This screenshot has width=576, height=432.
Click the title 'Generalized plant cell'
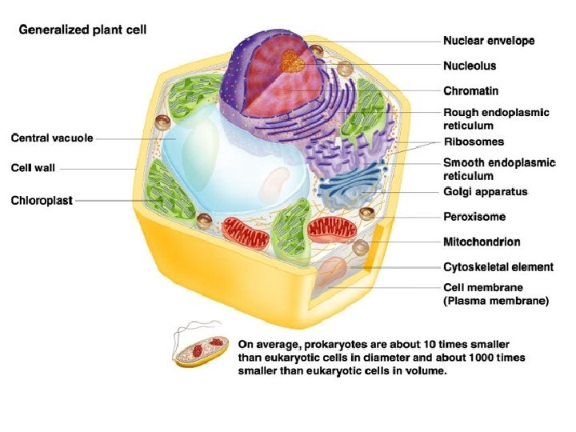[82, 30]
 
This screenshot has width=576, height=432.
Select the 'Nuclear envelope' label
[489, 40]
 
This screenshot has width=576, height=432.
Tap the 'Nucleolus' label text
[470, 66]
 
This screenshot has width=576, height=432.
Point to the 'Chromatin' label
[471, 91]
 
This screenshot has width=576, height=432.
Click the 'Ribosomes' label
[474, 142]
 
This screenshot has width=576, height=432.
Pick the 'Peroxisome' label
[474, 216]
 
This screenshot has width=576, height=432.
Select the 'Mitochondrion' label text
[482, 242]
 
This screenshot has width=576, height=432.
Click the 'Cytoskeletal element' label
[498, 267]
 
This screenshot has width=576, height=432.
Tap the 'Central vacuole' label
[52, 138]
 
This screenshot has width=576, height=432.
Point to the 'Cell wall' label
[33, 168]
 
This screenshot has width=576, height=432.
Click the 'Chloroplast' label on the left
[42, 199]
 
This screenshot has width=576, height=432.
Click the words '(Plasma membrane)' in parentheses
[496, 302]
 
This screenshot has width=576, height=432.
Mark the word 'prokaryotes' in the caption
[330, 343]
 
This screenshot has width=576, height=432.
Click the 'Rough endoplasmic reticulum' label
[496, 119]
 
